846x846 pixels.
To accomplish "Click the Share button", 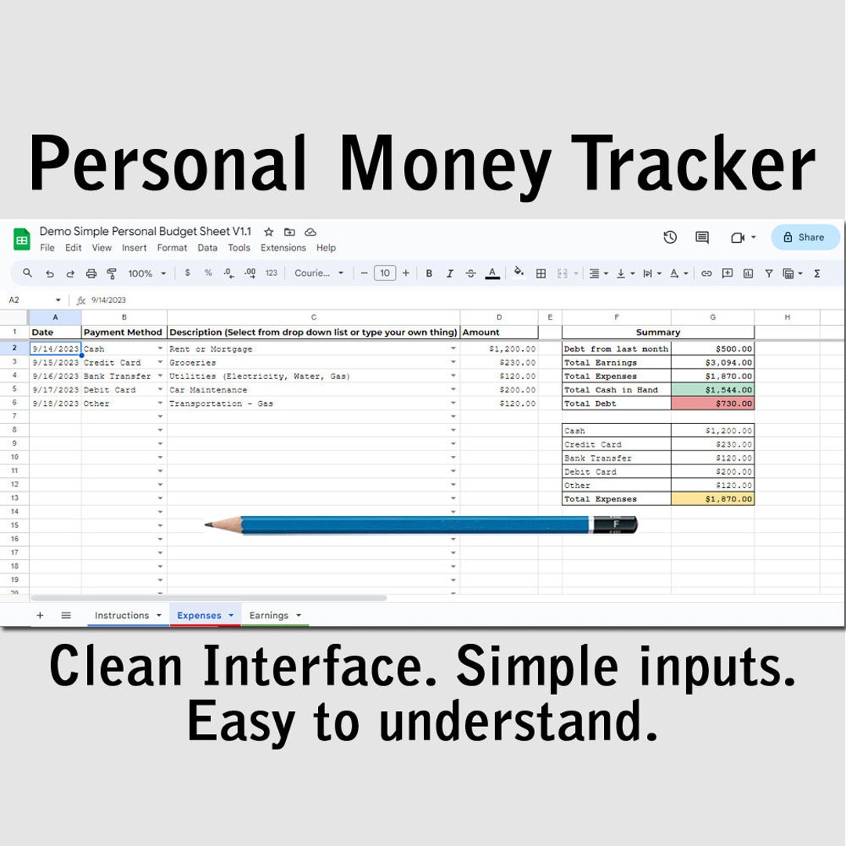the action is click(805, 237).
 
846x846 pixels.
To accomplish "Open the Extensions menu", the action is click(283, 248).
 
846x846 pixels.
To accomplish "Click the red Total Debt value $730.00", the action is click(712, 403).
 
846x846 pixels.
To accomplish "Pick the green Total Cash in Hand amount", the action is click(712, 389).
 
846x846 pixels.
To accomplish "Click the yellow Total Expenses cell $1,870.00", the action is click(712, 499).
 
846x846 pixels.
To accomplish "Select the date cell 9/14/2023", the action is click(55, 349).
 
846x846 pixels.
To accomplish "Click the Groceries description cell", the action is click(313, 363).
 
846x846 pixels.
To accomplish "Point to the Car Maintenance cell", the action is click(313, 389).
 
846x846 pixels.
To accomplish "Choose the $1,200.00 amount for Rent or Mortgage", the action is click(499, 349).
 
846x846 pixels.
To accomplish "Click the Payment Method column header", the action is click(123, 332).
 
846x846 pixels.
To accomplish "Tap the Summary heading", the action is click(658, 332).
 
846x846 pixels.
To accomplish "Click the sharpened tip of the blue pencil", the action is click(206, 524).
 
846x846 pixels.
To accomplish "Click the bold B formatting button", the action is click(429, 273).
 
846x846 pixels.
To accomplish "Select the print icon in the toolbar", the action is click(91, 273).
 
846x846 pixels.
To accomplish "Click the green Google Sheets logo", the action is click(22, 240).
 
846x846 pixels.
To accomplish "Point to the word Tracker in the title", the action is click(693, 162).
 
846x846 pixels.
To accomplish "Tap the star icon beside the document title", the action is click(269, 232).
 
